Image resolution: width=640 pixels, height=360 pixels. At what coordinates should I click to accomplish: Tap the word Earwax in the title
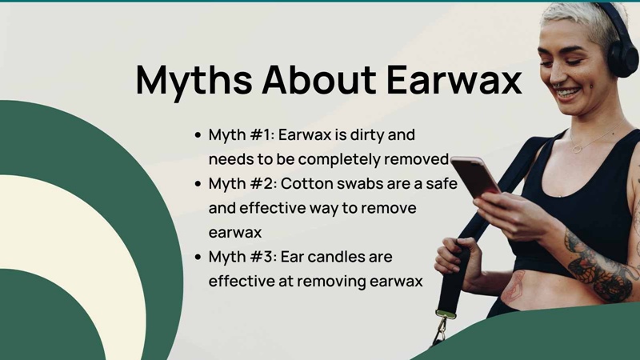[x=454, y=79]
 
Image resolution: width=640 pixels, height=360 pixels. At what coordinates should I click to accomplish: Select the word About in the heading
[x=319, y=79]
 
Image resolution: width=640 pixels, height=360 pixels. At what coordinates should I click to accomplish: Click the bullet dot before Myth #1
[x=198, y=135]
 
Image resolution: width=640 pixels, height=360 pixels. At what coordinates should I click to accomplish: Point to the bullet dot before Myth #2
[x=198, y=184]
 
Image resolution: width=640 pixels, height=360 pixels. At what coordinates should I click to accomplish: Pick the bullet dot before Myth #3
[x=198, y=257]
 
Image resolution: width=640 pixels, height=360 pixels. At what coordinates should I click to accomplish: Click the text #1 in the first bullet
[x=261, y=134]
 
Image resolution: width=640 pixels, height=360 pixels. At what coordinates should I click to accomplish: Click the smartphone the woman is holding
[x=475, y=176]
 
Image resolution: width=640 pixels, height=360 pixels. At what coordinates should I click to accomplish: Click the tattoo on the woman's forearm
[x=600, y=266]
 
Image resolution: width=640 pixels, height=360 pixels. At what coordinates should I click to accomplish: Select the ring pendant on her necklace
[x=577, y=148]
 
